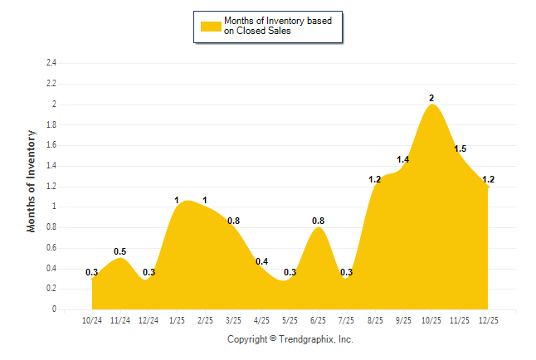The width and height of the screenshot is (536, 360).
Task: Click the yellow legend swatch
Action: point(211,26)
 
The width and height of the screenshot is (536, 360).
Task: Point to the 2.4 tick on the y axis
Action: point(51,63)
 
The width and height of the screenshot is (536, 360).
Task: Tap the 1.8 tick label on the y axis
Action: point(51,125)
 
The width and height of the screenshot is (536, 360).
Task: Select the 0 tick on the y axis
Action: point(54,309)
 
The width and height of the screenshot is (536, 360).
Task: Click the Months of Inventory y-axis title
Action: point(32,180)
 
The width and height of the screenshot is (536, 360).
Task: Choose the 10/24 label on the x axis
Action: point(92,320)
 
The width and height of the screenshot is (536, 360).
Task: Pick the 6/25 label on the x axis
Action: point(318,320)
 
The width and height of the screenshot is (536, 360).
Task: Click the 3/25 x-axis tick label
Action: point(233,320)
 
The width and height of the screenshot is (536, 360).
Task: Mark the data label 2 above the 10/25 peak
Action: point(431,98)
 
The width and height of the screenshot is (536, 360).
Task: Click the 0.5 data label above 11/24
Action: point(120,252)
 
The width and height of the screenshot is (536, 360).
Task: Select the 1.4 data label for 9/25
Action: point(403,159)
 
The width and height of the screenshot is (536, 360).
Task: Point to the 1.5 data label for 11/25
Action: point(460,149)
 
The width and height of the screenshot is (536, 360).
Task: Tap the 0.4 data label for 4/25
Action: point(261,262)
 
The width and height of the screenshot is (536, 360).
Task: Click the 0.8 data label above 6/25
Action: point(318,221)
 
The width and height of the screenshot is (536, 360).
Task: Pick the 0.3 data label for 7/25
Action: point(347,272)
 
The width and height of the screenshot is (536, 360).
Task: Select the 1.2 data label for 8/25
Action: point(374,180)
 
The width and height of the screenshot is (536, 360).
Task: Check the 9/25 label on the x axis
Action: point(402,320)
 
